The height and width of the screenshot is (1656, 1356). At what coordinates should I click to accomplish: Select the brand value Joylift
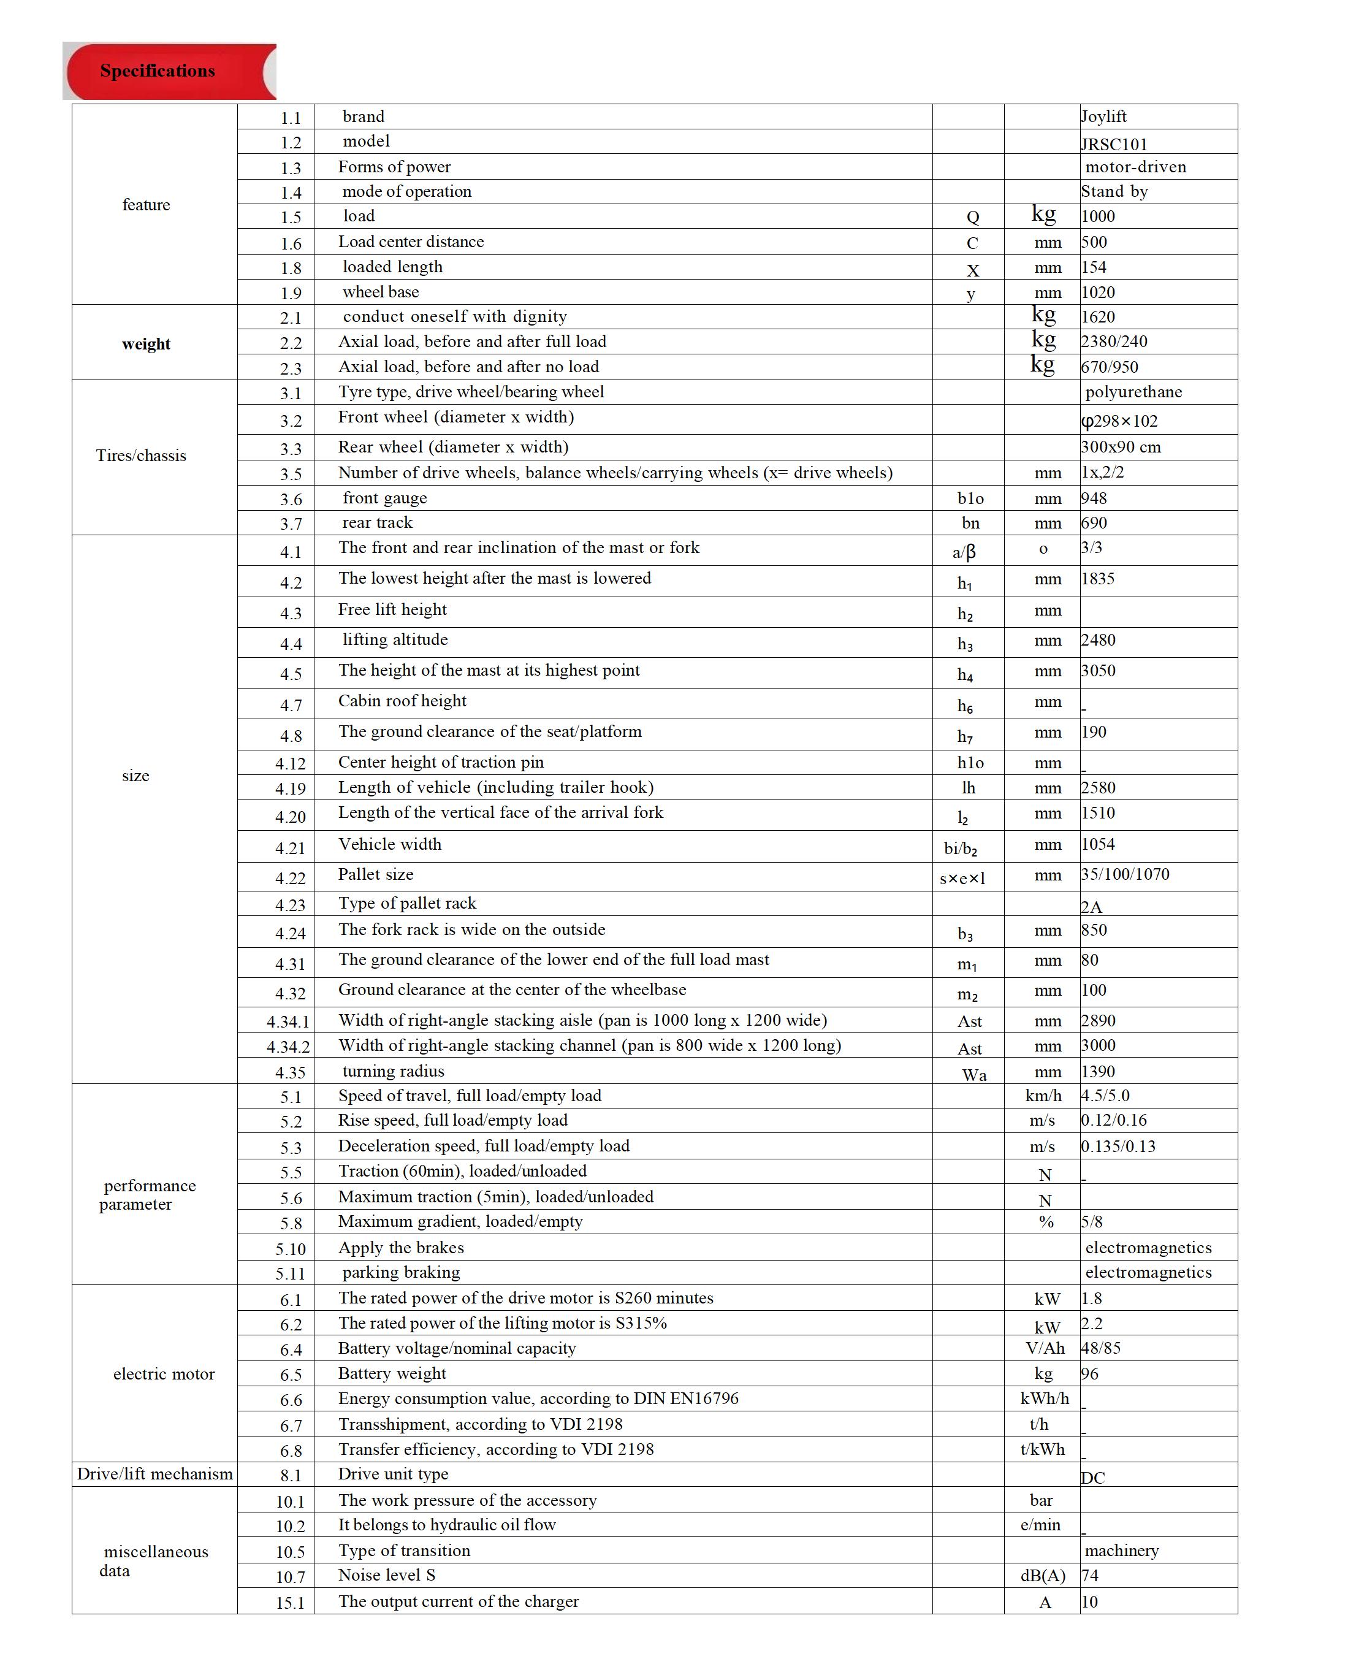point(1103,116)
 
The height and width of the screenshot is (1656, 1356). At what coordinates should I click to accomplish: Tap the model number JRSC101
point(1114,143)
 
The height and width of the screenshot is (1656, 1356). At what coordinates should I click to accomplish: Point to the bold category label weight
point(146,344)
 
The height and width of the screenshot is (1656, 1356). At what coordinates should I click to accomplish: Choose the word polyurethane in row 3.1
point(1133,392)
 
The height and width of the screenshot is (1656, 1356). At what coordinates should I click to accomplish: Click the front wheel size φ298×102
point(1119,421)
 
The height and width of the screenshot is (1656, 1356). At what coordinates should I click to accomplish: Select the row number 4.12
point(290,763)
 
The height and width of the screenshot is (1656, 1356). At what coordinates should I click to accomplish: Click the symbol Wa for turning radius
point(973,1075)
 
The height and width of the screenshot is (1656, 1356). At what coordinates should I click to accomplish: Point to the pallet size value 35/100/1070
point(1125,874)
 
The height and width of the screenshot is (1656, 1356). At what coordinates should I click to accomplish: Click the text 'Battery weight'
point(392,1373)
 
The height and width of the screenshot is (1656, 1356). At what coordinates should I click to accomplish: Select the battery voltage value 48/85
point(1100,1348)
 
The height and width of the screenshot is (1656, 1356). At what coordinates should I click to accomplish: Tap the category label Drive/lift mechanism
point(154,1474)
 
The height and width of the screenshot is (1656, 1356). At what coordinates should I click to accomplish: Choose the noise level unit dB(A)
point(1042,1576)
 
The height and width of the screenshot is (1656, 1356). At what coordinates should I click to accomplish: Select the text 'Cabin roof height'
point(402,701)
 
